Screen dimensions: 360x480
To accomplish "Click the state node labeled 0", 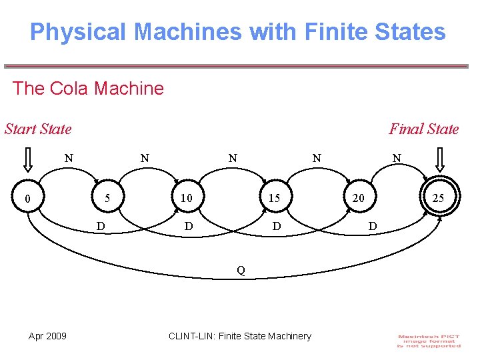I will [x=27, y=198].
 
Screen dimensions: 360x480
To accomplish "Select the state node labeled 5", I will [x=107, y=198].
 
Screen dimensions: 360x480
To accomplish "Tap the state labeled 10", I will [x=186, y=198].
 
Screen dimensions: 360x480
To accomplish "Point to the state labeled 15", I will [x=273, y=198].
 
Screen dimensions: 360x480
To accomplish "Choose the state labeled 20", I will [x=358, y=198].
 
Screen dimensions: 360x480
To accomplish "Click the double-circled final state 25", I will [x=438, y=198].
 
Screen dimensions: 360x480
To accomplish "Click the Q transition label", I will [x=241, y=270].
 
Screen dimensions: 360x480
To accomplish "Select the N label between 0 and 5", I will [x=68, y=159].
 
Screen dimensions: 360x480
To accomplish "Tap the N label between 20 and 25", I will [x=397, y=159].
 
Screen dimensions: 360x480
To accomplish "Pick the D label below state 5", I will [x=100, y=227].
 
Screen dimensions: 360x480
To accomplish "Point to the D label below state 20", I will [x=373, y=227].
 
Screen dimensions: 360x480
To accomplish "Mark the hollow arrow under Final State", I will [x=441, y=161].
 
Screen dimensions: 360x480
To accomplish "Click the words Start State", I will [x=38, y=129].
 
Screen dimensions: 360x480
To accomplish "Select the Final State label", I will [x=424, y=129].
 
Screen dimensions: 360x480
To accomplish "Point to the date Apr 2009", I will [x=47, y=336].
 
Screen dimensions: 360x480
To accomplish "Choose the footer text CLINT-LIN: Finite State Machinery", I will [x=240, y=336].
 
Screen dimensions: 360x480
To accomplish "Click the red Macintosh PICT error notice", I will [x=429, y=340].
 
